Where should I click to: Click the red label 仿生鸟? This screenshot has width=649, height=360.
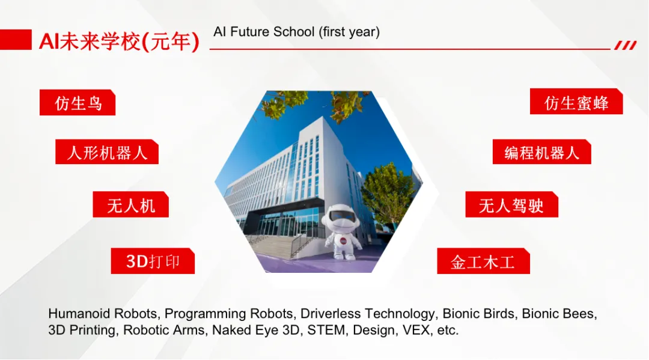78,102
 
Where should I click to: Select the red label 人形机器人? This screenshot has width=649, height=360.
107,152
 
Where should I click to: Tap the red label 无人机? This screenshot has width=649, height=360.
131,204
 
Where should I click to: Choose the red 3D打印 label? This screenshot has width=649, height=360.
153,261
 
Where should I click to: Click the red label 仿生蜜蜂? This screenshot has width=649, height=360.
576,102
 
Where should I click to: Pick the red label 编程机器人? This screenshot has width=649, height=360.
542,152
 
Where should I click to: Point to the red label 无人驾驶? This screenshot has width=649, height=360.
511,204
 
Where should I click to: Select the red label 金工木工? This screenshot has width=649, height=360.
483,261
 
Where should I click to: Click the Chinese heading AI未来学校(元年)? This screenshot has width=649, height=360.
119,41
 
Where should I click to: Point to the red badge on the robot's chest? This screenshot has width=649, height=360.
343,241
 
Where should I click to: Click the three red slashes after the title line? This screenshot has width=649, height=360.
626,45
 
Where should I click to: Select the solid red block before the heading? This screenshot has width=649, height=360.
16,40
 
